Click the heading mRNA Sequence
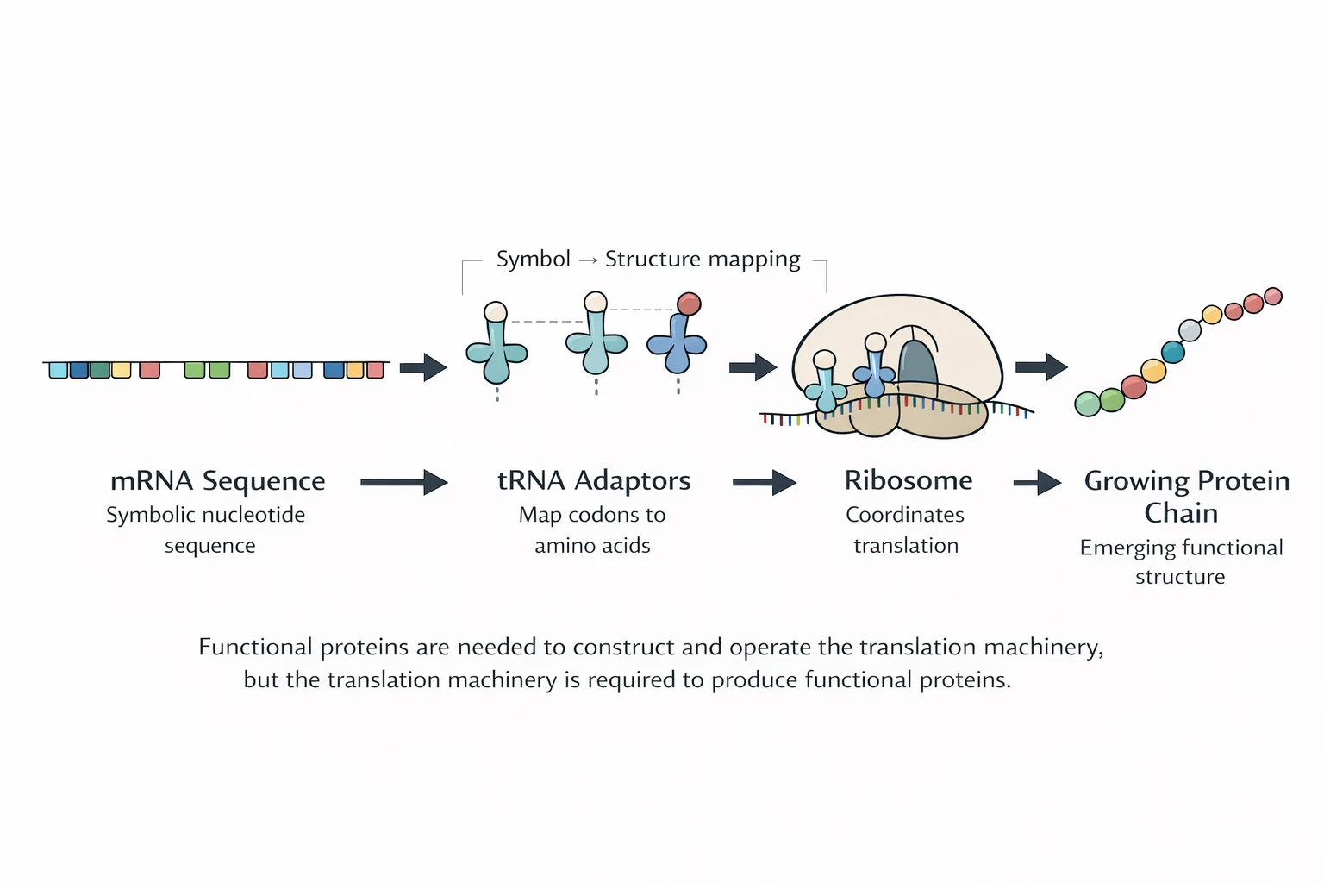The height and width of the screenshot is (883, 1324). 217,481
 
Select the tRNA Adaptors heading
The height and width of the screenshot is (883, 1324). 594,481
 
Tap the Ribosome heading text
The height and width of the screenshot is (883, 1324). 908,481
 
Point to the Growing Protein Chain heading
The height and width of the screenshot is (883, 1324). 1186,496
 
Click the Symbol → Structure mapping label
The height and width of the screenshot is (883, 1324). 647,260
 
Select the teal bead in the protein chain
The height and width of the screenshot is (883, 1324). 1172,352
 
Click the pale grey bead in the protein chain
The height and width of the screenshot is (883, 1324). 1190,330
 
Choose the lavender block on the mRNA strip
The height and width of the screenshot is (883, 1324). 303,370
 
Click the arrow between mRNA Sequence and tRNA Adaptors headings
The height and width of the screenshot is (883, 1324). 403,482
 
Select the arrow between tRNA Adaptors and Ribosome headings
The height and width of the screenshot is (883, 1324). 764,482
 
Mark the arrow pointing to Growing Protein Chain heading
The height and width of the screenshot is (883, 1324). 1037,482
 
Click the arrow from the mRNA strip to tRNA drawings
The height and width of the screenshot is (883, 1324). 422,368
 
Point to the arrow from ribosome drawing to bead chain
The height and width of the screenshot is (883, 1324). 1040,367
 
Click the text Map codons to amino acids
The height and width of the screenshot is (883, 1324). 592,529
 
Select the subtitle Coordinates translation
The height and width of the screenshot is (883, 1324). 905,529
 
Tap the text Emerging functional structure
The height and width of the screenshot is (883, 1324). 1181,561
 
